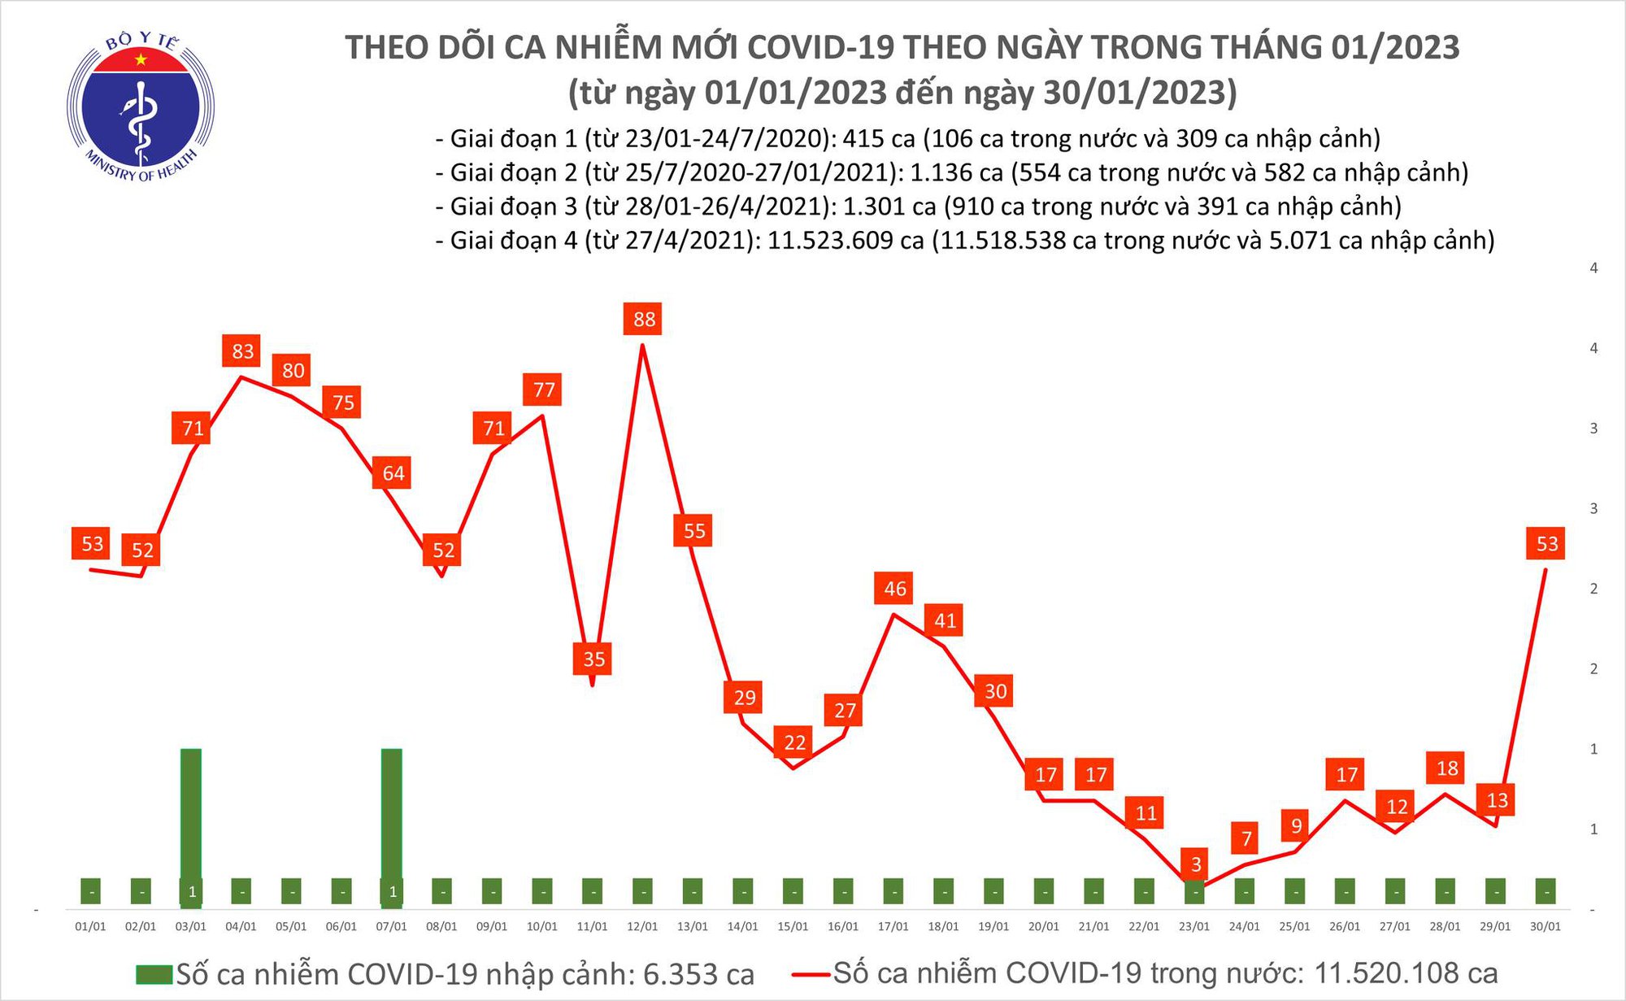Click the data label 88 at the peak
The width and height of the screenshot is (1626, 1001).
tap(643, 319)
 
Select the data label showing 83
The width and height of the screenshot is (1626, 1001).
tap(242, 351)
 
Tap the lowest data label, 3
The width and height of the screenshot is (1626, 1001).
tap(1195, 864)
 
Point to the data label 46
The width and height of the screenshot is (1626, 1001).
tap(894, 588)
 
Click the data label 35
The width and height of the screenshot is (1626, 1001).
tap(593, 659)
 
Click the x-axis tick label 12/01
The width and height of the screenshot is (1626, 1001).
tap(642, 926)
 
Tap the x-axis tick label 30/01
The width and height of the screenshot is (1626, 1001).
tap(1545, 926)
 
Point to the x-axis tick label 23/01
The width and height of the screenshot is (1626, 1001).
tap(1194, 926)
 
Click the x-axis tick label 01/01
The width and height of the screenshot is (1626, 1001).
tap(90, 926)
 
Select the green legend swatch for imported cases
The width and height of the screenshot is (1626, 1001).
tap(154, 974)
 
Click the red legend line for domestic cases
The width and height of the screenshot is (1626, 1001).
tap(810, 973)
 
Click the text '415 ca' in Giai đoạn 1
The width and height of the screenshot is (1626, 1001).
tap(879, 138)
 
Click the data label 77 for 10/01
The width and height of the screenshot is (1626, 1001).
tap(543, 390)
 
